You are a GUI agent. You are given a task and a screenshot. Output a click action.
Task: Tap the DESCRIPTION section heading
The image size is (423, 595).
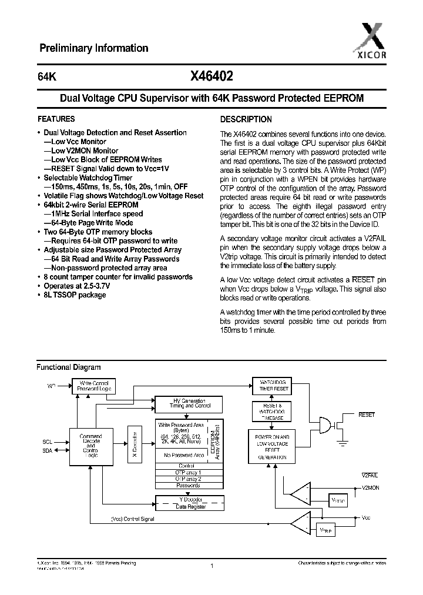point(246,119)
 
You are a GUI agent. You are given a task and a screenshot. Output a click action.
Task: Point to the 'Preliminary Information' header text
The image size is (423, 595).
point(93,48)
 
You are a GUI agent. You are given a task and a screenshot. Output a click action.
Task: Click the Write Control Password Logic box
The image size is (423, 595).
point(93,386)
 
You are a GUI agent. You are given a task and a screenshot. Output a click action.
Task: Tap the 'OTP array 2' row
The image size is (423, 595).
point(189,479)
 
